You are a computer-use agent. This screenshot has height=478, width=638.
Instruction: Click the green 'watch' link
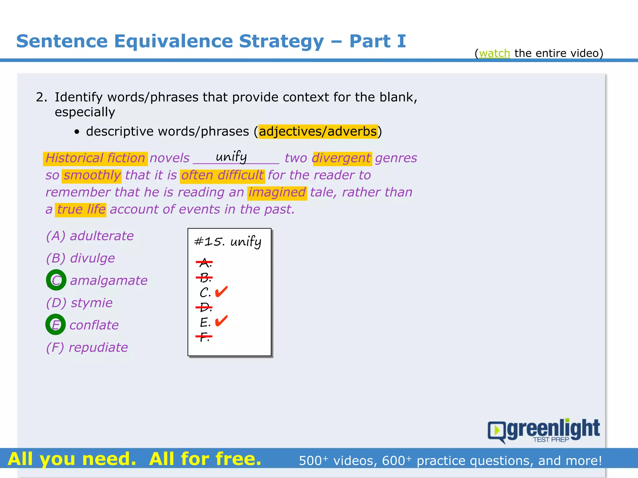tap(494, 53)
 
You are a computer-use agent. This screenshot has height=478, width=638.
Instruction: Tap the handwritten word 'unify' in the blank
tap(231, 157)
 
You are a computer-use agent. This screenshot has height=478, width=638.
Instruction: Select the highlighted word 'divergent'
tap(341, 158)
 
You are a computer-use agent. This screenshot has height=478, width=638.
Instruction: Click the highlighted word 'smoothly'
tap(92, 175)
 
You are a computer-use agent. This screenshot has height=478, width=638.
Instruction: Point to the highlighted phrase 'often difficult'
tap(222, 175)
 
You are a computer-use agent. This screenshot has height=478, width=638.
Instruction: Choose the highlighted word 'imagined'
tap(277, 192)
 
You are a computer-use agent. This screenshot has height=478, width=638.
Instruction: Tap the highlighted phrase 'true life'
tap(81, 209)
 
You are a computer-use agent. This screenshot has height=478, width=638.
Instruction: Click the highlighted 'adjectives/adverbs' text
tap(318, 131)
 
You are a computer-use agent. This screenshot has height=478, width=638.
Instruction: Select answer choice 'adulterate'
tap(102, 236)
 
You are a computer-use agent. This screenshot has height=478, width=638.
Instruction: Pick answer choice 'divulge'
tap(92, 258)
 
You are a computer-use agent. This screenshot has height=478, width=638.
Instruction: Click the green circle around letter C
tap(56, 280)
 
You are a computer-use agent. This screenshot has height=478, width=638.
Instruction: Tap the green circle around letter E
tap(55, 325)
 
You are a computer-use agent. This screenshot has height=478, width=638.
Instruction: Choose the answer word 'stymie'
tap(92, 303)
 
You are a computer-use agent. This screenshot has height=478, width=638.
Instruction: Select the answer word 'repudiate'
tap(98, 347)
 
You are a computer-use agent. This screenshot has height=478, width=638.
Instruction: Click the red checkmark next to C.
tap(221, 292)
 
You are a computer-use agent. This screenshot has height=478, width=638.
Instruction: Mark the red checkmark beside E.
tap(221, 321)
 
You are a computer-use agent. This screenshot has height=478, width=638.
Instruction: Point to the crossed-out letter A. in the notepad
tap(205, 263)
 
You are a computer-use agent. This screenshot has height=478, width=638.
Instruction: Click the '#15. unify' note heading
tap(228, 242)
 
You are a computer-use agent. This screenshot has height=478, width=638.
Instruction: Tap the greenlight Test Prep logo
tap(544, 431)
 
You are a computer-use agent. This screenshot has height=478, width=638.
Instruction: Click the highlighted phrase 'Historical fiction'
tap(95, 158)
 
